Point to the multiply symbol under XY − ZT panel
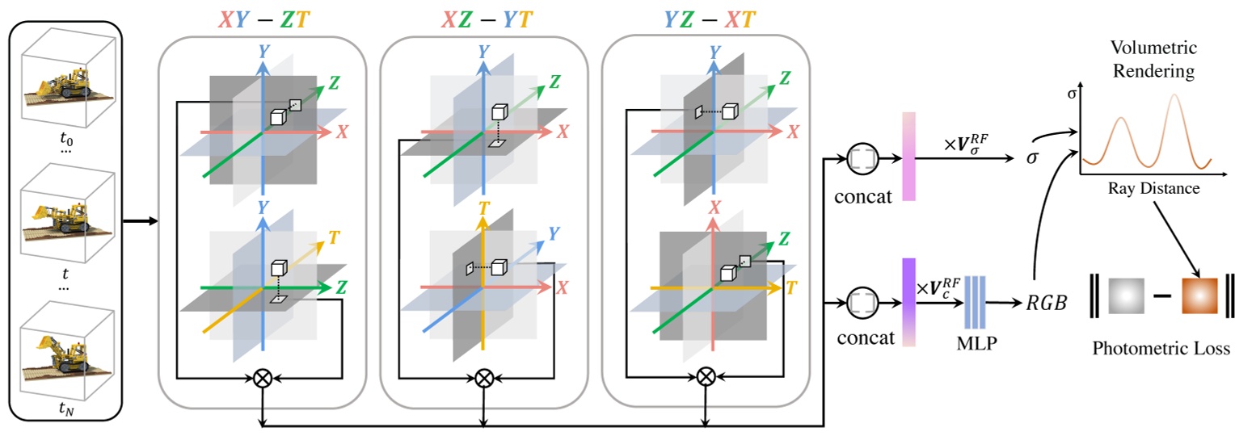coord(262,378)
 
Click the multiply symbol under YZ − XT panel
coord(706,376)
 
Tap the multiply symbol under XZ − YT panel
coord(483,377)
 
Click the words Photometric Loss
coord(1161,349)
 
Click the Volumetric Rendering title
coord(1153,61)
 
